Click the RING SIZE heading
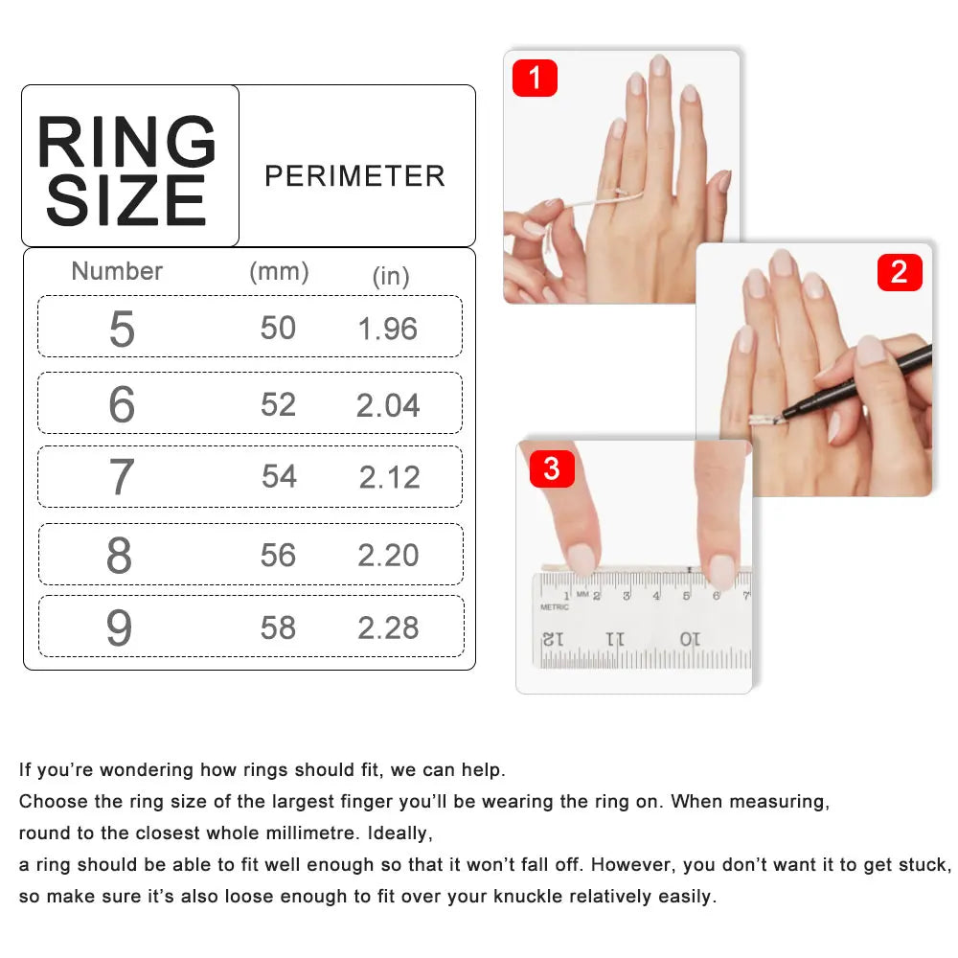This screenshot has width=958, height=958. (127, 171)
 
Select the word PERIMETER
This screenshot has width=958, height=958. (354, 176)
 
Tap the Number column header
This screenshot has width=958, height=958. (117, 271)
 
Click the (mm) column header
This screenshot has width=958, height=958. (279, 272)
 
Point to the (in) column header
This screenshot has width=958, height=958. (391, 277)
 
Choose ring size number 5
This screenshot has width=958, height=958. (122, 330)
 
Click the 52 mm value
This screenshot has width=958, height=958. (278, 404)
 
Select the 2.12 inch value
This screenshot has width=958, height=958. (390, 477)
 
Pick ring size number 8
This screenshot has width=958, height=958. (120, 556)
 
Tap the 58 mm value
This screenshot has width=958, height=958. (278, 627)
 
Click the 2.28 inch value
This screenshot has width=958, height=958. (388, 627)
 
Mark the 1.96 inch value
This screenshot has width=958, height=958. (388, 329)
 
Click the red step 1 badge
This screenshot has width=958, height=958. (535, 78)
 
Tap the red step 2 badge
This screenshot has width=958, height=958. (899, 272)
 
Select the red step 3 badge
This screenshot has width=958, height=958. (551, 469)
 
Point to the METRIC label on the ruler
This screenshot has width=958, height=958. (554, 606)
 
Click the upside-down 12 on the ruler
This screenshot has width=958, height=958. (553, 638)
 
